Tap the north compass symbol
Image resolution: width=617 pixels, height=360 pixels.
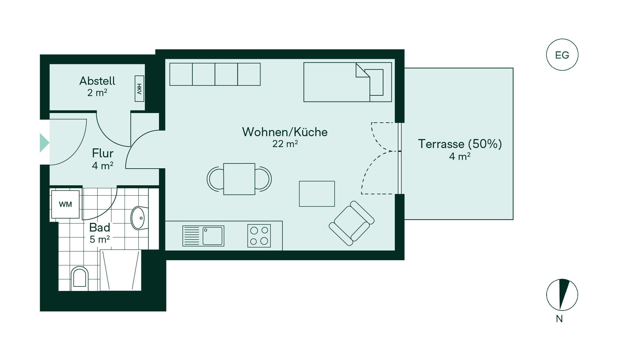click(562, 295)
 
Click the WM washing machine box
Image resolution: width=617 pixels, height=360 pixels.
click(65, 204)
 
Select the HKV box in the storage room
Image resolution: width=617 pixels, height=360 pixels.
click(139, 89)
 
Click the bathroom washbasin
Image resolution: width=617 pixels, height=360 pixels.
click(139, 218)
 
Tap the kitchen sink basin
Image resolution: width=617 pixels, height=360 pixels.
click(213, 236)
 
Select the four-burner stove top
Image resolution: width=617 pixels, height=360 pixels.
click(259, 236)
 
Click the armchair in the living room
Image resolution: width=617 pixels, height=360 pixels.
click(352, 223)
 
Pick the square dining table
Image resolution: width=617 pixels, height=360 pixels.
click(239, 179)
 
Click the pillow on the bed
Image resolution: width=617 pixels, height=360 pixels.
click(376, 82)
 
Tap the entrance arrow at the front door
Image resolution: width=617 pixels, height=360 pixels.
click(44, 143)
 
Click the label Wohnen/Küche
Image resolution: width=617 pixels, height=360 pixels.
click(285, 132)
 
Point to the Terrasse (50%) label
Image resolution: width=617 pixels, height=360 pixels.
click(460, 144)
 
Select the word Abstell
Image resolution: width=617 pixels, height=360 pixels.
click(97, 81)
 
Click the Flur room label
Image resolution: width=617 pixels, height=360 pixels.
click(103, 153)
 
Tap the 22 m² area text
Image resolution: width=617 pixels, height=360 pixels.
click(285, 144)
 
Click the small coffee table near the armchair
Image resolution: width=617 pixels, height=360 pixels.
click(317, 194)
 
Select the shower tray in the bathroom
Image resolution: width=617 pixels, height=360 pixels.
click(121, 270)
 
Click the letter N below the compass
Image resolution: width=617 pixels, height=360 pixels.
click(559, 319)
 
